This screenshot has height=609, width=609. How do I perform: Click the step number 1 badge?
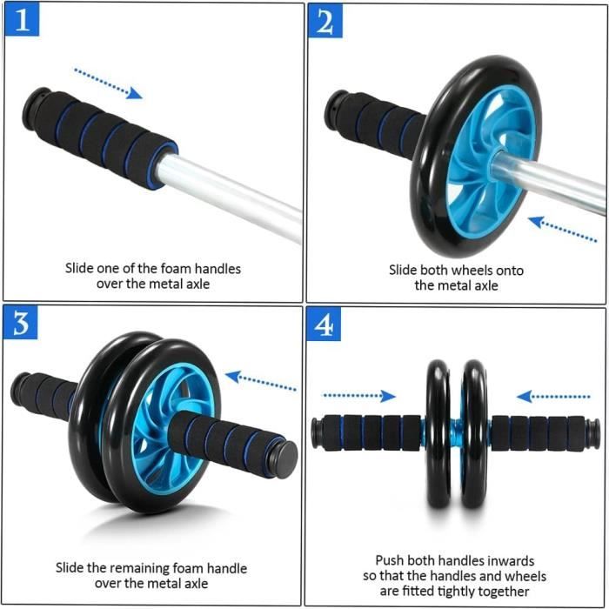coord(21,20)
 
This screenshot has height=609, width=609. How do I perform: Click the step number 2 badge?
coord(325,21)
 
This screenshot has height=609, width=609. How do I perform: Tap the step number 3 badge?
coord(21,324)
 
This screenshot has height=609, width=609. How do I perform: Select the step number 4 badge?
coord(325,325)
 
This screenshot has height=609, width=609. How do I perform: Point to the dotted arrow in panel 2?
coord(562,229)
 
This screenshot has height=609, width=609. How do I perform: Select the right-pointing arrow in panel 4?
coord(358,396)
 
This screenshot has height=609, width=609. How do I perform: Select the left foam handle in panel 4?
coord(370,432)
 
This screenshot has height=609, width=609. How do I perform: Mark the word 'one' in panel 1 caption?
coord(111,268)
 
